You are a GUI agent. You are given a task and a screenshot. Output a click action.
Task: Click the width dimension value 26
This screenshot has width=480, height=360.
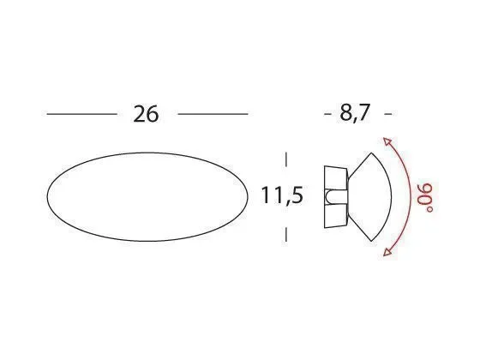tap(147, 114)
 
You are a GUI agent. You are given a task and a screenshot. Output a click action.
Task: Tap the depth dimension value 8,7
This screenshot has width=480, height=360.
tap(356, 114)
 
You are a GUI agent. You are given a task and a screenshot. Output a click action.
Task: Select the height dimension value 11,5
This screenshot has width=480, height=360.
tap(283, 196)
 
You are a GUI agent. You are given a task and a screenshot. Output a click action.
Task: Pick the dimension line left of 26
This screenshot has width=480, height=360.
tap(81, 113)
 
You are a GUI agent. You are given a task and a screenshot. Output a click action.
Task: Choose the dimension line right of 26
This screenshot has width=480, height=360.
tap(213, 113)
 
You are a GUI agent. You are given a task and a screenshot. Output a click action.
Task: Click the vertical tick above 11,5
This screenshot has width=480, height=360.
tap(285, 159)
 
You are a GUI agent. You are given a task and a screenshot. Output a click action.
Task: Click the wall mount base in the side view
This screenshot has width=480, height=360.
tap(333, 196)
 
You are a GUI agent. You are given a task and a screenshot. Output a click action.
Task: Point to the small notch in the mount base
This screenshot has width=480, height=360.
tap(330, 197)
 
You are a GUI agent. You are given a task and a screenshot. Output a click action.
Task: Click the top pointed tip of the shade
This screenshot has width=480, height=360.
tap(373, 155)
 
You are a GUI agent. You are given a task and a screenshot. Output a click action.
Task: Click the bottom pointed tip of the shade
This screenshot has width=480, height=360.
tap(373, 238)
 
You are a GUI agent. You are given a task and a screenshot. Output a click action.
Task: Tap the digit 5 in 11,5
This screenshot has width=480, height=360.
tap(297, 196)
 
